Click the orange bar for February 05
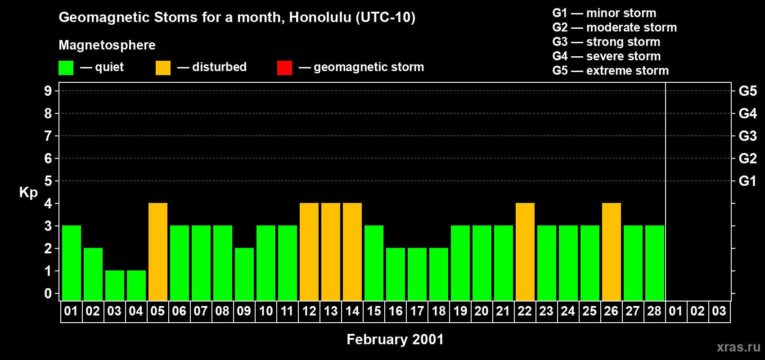pos(158,252)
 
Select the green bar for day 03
pos(115,285)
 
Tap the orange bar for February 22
pos(525,252)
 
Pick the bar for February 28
pos(655,263)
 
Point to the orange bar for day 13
pos(331,252)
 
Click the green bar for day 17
pos(417,274)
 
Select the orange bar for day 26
pos(612,252)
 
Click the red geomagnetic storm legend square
pos(284,68)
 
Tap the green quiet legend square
pos(66,68)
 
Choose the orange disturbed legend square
pos(163,68)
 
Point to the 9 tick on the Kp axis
pos(48,91)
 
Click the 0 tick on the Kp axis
pos(48,293)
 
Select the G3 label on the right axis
pos(747,136)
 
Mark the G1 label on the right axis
pos(747,181)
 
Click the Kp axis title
pos(28,192)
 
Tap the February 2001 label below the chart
pos(395,339)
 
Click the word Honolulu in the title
pos(320,17)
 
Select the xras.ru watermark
pos(738,346)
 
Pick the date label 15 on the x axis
pos(374,311)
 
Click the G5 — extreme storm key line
pos(610,71)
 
